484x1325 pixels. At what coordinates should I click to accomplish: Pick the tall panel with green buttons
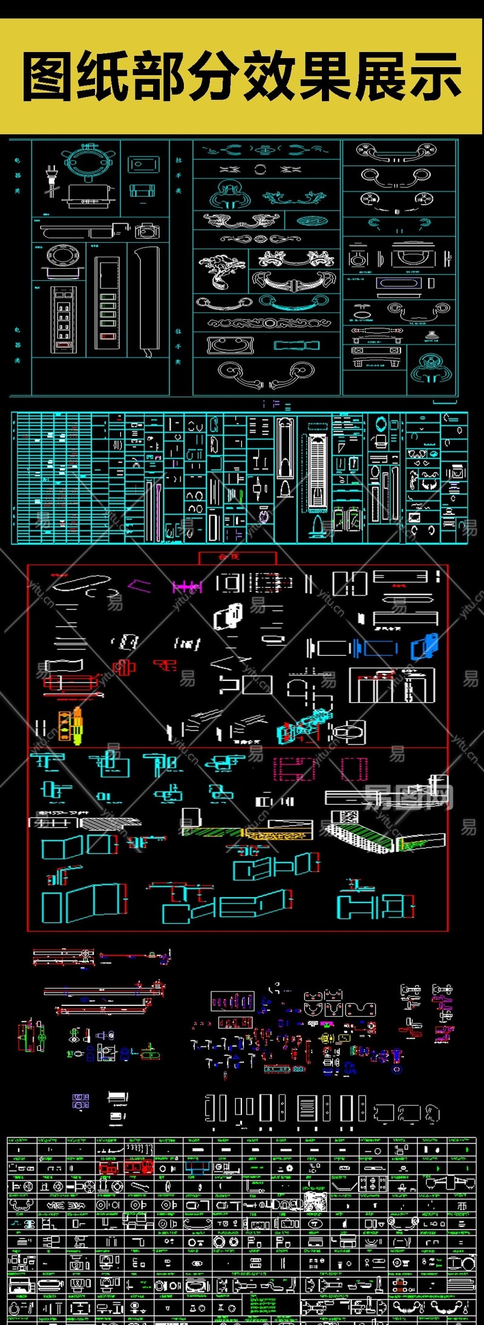pos(107,302)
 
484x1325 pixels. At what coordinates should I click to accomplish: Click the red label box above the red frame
pos(237,557)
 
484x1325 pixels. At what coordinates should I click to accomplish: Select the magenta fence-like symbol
pos(186,587)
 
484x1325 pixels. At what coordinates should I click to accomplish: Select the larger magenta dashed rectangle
pos(294,769)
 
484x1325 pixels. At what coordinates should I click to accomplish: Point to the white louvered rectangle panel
pos(307,1108)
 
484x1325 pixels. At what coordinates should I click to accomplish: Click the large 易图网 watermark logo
pos(409,797)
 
